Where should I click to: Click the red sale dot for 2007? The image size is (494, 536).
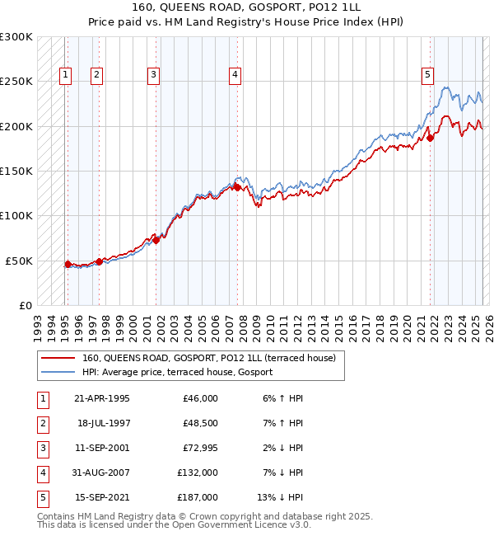click(237, 187)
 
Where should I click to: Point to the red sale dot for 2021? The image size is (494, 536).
click(430, 138)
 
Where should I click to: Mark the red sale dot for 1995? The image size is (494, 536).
click(68, 264)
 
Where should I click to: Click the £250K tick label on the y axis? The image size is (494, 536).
click(16, 82)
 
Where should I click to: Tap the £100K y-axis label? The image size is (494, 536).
click(16, 215)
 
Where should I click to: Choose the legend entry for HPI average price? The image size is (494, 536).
click(182, 372)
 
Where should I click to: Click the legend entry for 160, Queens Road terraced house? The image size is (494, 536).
click(208, 359)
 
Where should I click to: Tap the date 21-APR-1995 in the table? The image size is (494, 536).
click(101, 398)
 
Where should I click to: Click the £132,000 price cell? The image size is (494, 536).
click(198, 473)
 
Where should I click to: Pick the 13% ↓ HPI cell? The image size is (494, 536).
click(280, 497)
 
